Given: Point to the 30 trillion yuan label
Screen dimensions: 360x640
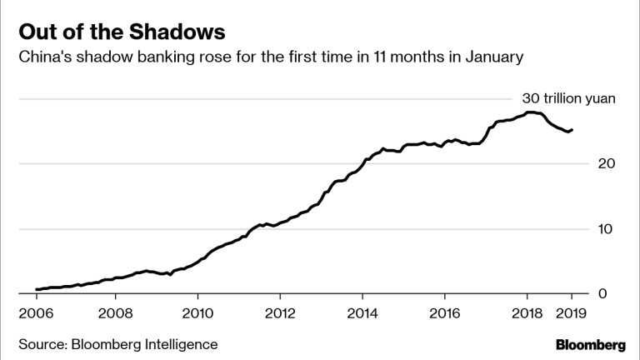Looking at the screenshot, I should pyautogui.click(x=568, y=98).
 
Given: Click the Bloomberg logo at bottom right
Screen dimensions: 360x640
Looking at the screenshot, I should pyautogui.click(x=591, y=344).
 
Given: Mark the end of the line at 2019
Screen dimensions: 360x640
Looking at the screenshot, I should pyautogui.click(x=572, y=129).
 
